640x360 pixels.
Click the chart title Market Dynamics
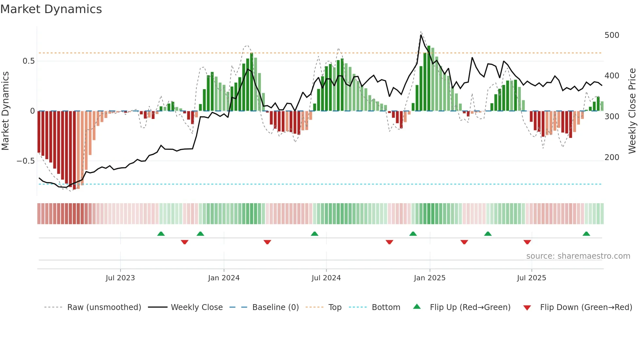[x=51, y=9]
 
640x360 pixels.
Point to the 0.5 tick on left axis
[x=29, y=61]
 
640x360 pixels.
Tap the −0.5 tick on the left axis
[x=26, y=161]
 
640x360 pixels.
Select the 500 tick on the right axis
[x=612, y=35]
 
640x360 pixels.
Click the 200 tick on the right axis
[x=612, y=157]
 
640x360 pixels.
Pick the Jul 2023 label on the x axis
[x=120, y=278]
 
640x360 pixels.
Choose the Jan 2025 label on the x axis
[x=429, y=278]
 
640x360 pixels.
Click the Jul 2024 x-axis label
[x=326, y=278]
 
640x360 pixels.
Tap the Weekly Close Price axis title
[x=632, y=111]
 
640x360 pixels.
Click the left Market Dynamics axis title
[x=6, y=111]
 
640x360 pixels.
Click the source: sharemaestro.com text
[x=578, y=256]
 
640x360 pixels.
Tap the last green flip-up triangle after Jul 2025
[x=586, y=234]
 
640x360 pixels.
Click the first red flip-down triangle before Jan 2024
[x=184, y=242]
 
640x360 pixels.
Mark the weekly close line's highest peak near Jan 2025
[x=421, y=35]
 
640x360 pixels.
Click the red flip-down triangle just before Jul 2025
[x=527, y=242]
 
